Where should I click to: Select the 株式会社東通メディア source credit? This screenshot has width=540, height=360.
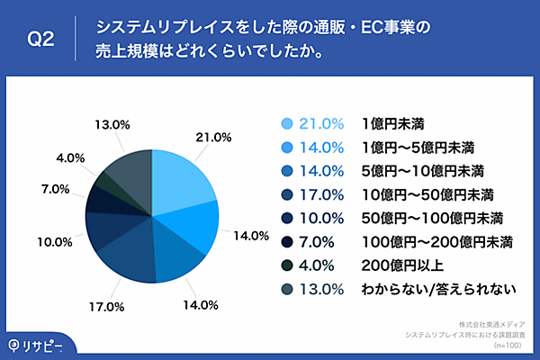pos(492,323)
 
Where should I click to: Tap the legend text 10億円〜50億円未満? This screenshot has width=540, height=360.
pos(415,193)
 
